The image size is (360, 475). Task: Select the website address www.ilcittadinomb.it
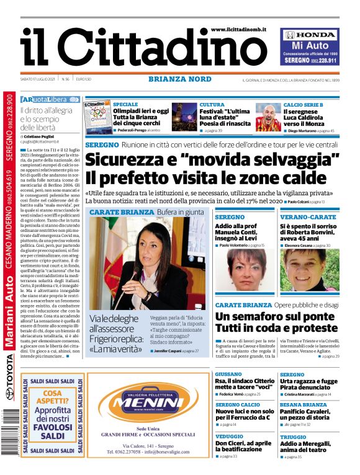(243, 29)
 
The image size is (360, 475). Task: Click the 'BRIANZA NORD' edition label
(180, 79)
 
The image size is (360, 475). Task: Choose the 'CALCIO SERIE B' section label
(304, 105)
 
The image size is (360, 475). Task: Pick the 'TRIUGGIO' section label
(293, 437)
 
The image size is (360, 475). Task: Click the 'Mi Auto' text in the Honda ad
(309, 46)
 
